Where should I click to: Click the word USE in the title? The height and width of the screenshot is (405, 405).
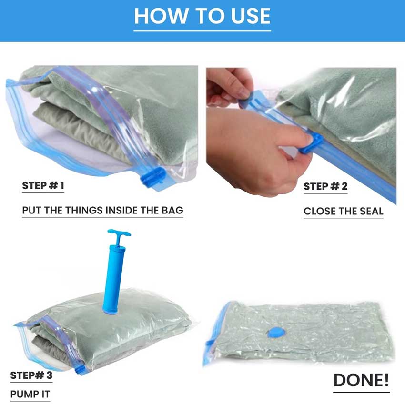coord(251,16)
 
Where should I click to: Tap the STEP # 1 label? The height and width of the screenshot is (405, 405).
coord(43,185)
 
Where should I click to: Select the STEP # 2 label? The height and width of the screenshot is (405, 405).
coord(325,186)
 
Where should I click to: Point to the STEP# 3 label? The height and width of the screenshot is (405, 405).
coord(31,375)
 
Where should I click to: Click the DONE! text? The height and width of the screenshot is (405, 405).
coord(361,380)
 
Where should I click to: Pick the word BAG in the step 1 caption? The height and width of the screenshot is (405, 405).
coord(172,210)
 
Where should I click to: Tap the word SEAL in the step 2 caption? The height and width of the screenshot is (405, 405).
coord(372,211)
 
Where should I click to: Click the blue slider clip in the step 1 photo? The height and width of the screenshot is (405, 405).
coord(152,176)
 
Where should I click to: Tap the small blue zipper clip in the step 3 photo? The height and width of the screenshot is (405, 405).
coord(80,369)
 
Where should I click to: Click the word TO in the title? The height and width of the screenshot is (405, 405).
coord(209,16)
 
